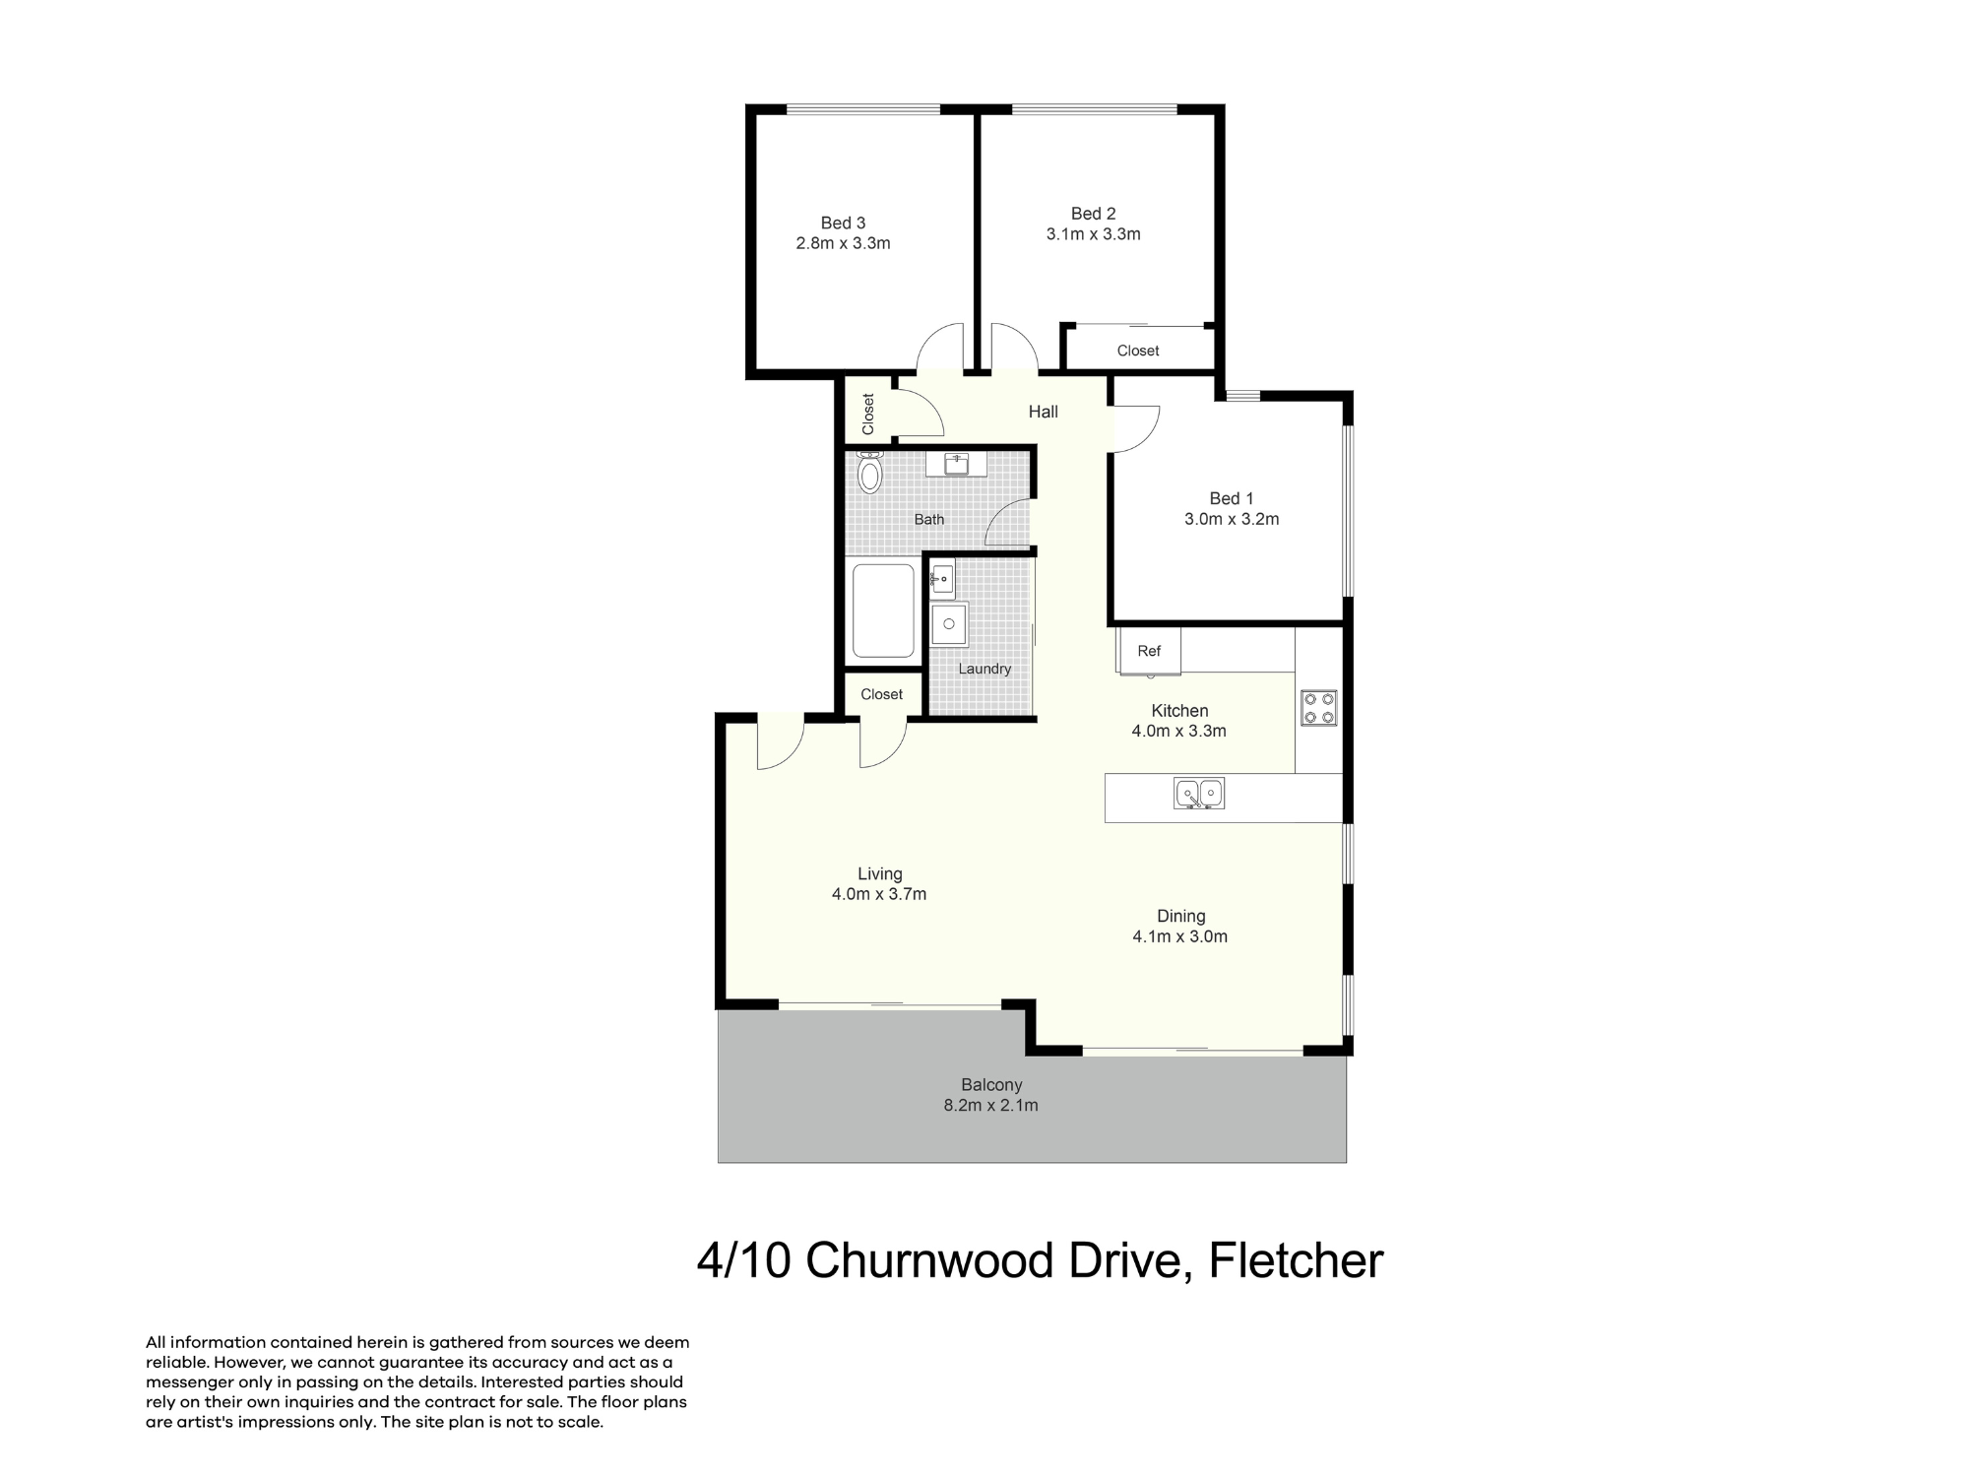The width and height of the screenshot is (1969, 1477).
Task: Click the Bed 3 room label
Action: pos(843,223)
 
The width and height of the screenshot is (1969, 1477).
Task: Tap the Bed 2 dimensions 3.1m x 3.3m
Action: pos(1093,234)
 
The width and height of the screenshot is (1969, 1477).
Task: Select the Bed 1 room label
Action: pos(1232,498)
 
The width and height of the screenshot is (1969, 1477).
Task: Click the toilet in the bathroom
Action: pos(870,473)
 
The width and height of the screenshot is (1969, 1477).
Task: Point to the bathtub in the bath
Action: pos(883,610)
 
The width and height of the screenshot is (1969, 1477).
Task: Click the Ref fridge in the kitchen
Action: pos(1149,651)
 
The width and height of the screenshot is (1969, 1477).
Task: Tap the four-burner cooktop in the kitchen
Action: pos(1319,708)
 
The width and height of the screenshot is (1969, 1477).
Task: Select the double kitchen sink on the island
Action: pos(1198,793)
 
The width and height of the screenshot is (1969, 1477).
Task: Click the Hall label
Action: pos(1044,412)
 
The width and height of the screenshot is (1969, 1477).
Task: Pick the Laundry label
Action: pos(984,669)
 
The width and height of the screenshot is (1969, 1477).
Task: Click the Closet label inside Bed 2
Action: pos(1138,351)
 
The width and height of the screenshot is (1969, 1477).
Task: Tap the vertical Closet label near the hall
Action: pos(868,415)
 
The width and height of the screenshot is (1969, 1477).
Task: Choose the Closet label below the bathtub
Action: pos(881,694)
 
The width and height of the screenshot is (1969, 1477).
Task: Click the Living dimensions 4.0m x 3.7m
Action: pos(879,895)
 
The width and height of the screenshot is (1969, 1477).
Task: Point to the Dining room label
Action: pos(1181,917)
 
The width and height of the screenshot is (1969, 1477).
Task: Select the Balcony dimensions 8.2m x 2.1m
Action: pos(991,1106)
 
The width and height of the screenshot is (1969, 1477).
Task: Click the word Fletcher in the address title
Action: pos(1296,1260)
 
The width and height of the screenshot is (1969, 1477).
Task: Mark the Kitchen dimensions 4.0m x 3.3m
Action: pos(1179,732)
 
